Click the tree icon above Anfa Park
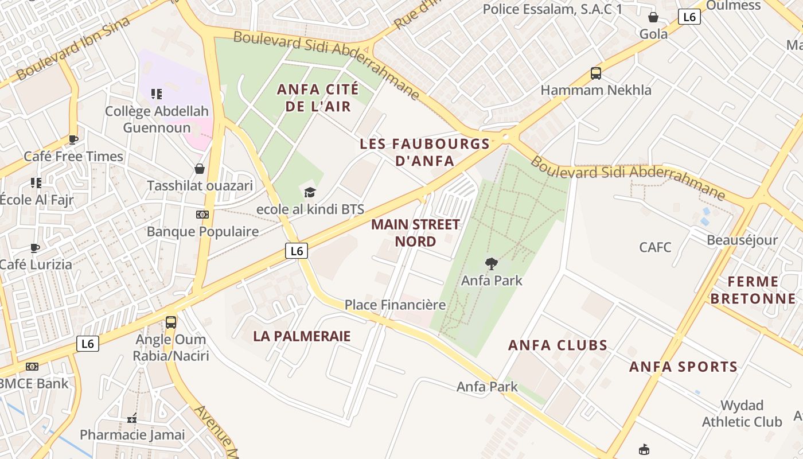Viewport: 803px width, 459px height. pyautogui.click(x=491, y=264)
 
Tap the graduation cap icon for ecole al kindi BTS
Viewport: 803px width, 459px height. pyautogui.click(x=310, y=192)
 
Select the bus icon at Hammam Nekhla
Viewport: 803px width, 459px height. pyautogui.click(x=596, y=73)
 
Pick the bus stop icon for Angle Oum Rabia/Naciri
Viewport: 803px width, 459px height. pyautogui.click(x=171, y=322)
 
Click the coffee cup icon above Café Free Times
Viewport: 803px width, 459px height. pyautogui.click(x=73, y=139)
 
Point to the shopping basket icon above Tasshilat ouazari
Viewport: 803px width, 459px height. pyautogui.click(x=200, y=169)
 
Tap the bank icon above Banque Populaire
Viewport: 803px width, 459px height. pyautogui.click(x=202, y=215)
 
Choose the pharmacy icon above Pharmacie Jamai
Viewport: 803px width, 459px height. pyautogui.click(x=132, y=418)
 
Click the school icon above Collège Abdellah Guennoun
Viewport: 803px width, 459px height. pyautogui.click(x=157, y=94)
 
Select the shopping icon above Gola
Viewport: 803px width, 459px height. pyautogui.click(x=653, y=17)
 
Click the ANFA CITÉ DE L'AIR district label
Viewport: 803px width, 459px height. pyautogui.click(x=318, y=98)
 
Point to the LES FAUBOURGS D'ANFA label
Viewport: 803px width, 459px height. pyautogui.click(x=424, y=152)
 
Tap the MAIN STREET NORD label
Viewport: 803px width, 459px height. pyautogui.click(x=415, y=232)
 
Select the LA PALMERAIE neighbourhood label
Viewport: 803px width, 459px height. pyautogui.click(x=302, y=336)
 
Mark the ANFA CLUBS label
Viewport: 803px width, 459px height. pyautogui.click(x=558, y=345)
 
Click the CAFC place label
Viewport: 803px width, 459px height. pyautogui.click(x=655, y=247)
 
